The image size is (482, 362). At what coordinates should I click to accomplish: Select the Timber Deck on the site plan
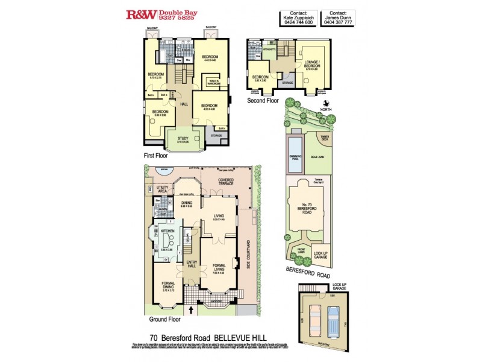tap(324, 139)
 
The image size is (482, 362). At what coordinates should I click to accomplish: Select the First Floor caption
tap(156, 155)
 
